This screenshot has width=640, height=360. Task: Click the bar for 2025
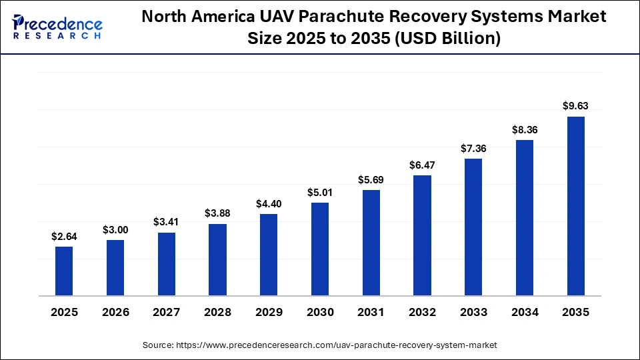[x=64, y=271]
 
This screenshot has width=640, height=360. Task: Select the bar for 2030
[x=320, y=249]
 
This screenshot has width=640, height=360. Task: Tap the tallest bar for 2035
[x=576, y=206]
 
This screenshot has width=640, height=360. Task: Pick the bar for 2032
[x=423, y=235]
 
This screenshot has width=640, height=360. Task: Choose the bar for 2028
[x=217, y=259]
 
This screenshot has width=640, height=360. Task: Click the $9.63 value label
[x=576, y=105]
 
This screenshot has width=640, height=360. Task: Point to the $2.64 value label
[x=64, y=236]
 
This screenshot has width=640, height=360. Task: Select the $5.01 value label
[x=320, y=192]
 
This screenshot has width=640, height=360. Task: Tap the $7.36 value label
[x=473, y=148]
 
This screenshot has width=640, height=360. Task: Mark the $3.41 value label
[x=167, y=221]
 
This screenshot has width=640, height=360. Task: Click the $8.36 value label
[x=525, y=129]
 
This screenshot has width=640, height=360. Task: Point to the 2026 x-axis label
[x=115, y=312]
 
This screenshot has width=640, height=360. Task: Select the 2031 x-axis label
[x=371, y=312]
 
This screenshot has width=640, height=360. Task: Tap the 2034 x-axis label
[x=525, y=312]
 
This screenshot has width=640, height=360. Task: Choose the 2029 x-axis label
[x=269, y=312]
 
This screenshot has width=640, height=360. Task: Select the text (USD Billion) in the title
[x=447, y=39]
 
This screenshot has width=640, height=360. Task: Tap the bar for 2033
[x=473, y=227]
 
